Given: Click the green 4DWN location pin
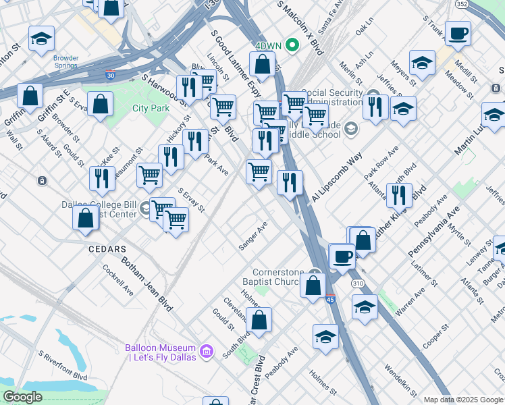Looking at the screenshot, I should pos(292,45).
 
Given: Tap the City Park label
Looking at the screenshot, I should pos(151,108).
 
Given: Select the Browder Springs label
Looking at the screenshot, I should pos(66,62).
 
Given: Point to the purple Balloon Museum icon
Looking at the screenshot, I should pos(207,352).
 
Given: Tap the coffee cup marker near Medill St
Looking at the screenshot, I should pos(458,34).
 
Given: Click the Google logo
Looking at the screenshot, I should pos(22,397).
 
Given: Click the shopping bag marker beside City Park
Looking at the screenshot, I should pos(100,105).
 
